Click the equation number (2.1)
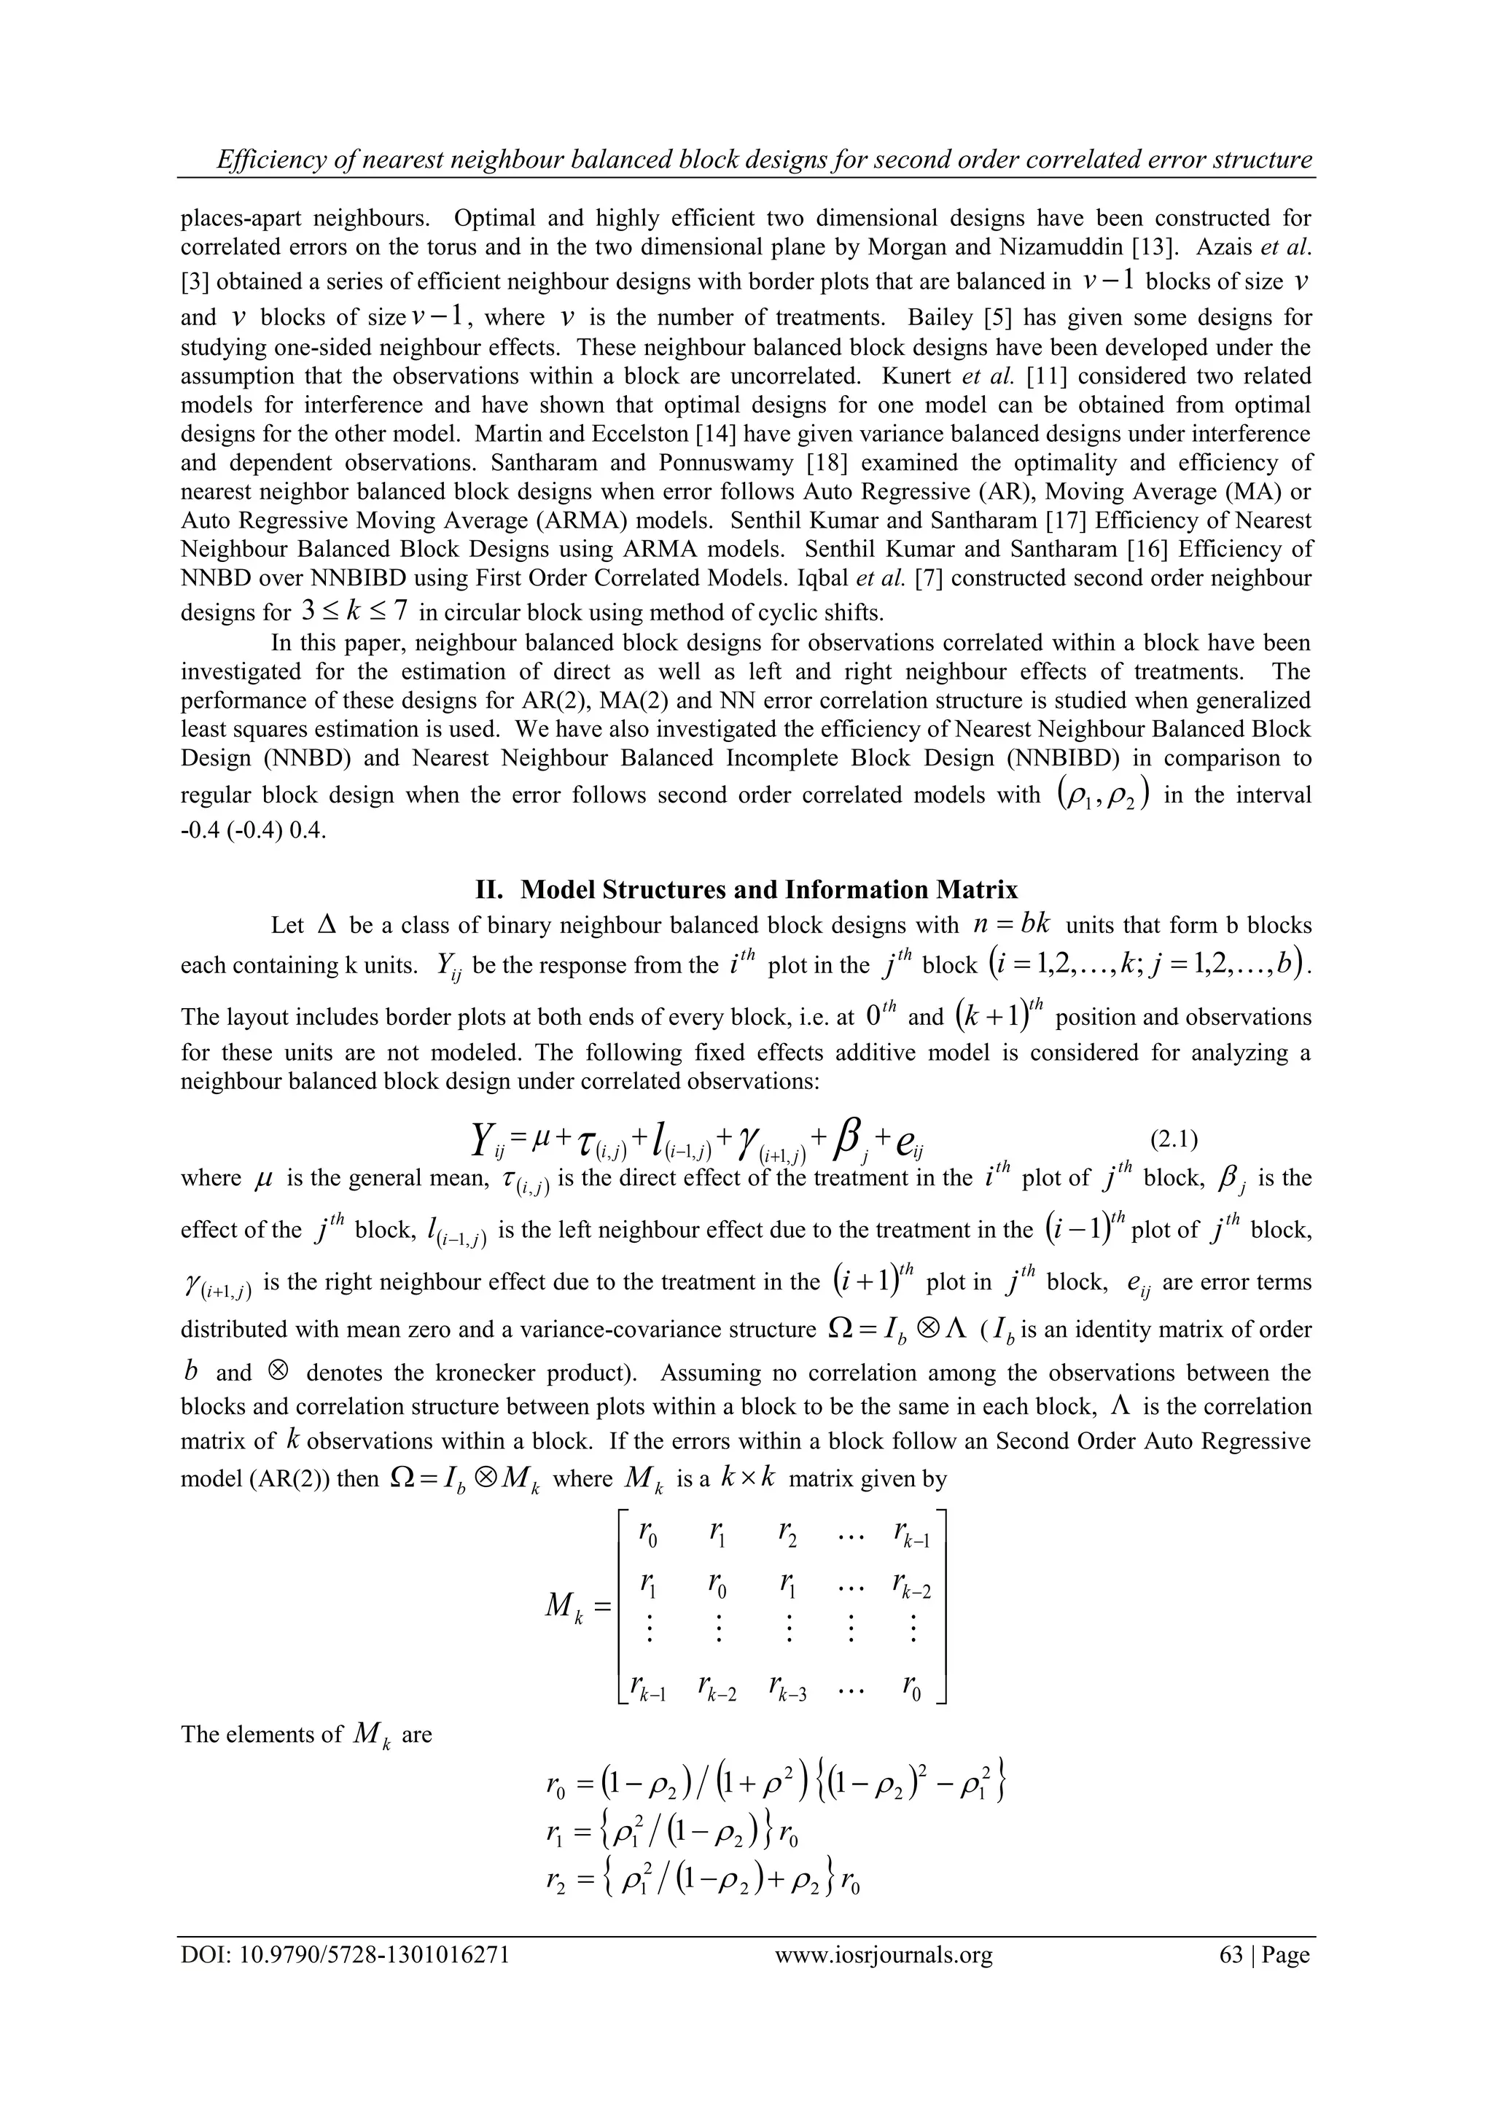pos(1174,1140)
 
